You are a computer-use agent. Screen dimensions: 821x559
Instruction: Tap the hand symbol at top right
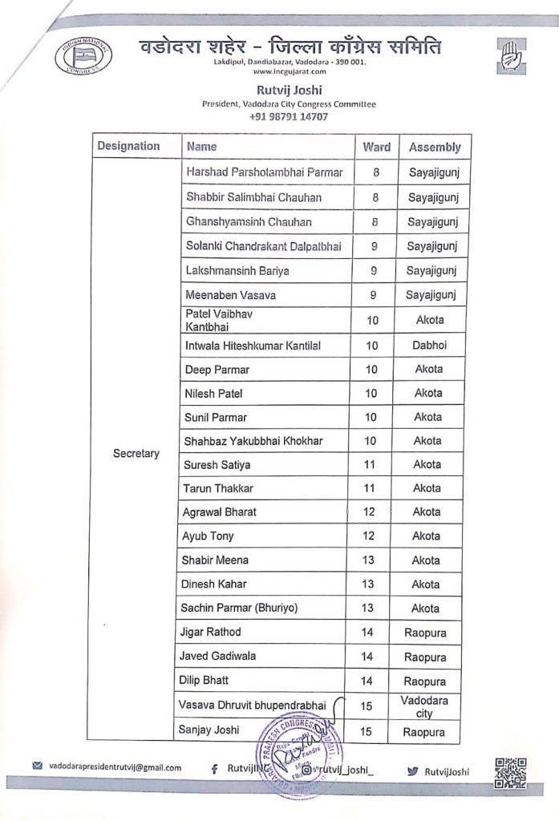click(x=507, y=58)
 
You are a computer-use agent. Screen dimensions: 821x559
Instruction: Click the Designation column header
click(x=128, y=147)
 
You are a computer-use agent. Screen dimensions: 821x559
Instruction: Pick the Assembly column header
click(x=435, y=147)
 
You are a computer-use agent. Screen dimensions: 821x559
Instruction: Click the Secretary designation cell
click(x=136, y=453)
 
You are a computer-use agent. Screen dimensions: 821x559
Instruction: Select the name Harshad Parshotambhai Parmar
click(x=264, y=172)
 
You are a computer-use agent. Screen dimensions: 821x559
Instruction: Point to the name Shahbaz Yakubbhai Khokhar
click(x=253, y=440)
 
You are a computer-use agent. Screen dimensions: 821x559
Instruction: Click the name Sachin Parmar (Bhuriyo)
click(x=241, y=608)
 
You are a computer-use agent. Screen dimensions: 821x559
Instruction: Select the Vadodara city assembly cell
click(x=427, y=706)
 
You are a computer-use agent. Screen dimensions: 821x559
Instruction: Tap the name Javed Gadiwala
click(x=221, y=656)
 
